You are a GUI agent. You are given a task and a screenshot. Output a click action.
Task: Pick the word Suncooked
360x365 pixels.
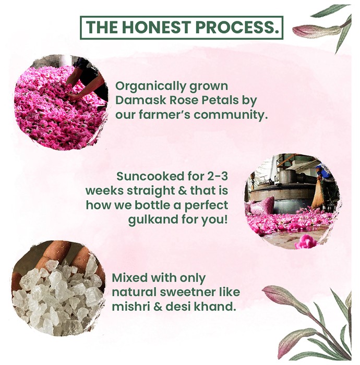point(147,176)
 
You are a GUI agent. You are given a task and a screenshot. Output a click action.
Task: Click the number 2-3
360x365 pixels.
point(217,176)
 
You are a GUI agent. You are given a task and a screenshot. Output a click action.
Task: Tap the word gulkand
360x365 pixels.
point(153,220)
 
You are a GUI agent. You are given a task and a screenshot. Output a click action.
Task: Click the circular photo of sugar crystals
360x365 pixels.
point(58,289)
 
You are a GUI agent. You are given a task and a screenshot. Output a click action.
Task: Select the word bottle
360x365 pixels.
point(156,205)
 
